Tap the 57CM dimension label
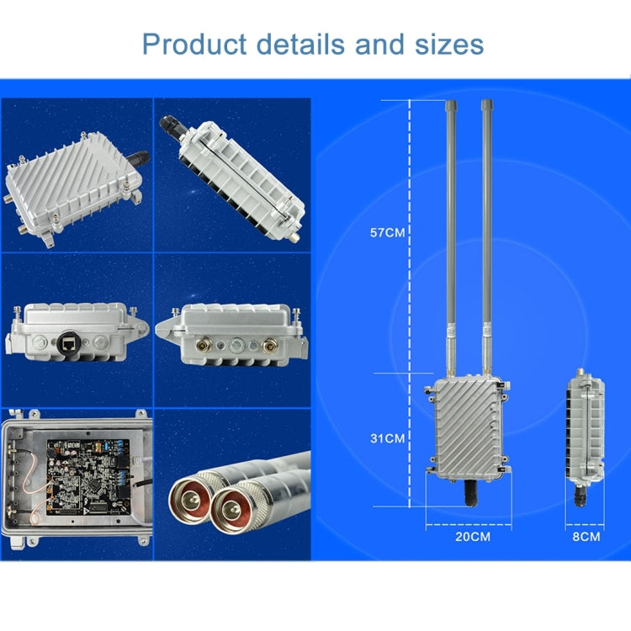[388, 232]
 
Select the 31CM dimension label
[388, 438]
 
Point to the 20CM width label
[472, 536]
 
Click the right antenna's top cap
[486, 107]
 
